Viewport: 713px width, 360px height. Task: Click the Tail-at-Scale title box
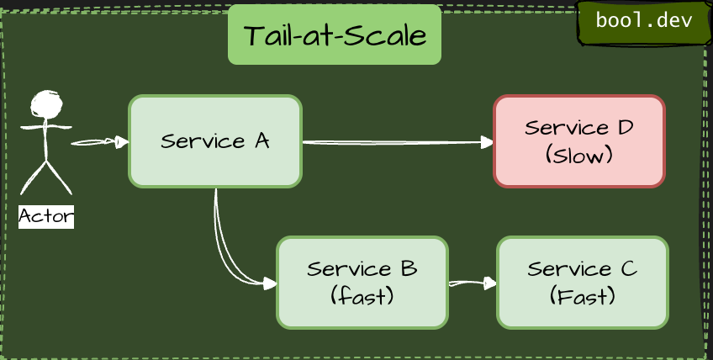point(334,35)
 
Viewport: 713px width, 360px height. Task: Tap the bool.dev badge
point(643,21)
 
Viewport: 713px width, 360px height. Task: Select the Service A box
point(214,141)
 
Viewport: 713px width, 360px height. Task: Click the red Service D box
point(578,141)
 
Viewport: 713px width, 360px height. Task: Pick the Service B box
point(362,283)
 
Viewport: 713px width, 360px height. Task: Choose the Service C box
point(582,283)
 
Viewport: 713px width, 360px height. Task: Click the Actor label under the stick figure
point(46,217)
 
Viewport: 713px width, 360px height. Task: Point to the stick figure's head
point(46,104)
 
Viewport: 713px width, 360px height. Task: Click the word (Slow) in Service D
point(578,156)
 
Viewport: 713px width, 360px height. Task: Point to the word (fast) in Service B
point(362,297)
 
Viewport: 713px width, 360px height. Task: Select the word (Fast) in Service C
point(582,297)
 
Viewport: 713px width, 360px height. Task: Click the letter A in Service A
point(261,140)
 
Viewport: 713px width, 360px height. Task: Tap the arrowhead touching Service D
point(488,143)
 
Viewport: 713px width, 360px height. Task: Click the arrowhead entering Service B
point(270,284)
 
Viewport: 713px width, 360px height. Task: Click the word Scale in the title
point(387,36)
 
